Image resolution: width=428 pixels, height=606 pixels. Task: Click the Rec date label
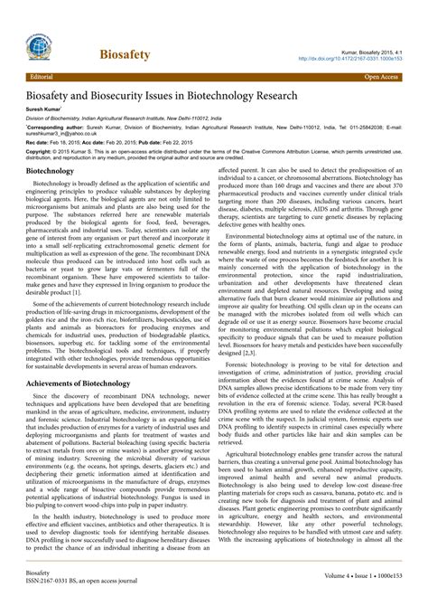[37, 143]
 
